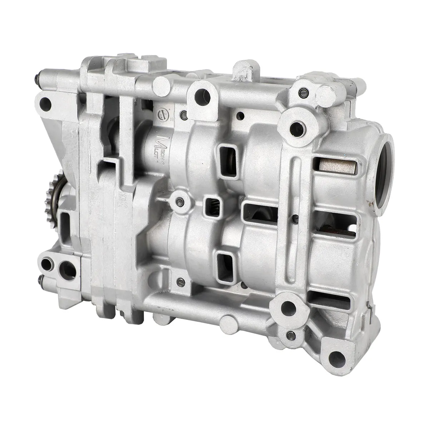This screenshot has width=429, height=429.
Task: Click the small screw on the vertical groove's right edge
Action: point(295,217)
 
